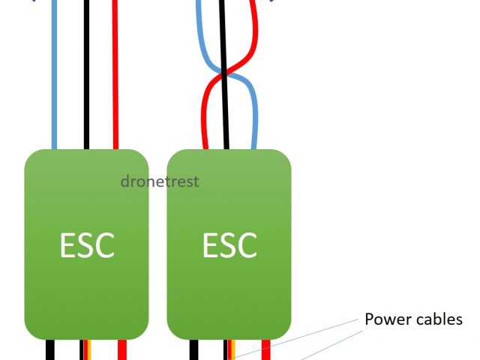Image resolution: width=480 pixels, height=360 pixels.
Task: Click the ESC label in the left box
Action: click(x=87, y=245)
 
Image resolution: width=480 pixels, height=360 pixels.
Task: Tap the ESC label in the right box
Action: click(x=229, y=245)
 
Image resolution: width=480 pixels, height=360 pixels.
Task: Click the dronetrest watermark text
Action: click(x=160, y=181)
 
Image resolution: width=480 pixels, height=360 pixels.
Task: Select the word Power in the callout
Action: click(x=388, y=319)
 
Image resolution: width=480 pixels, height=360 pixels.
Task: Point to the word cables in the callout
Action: click(x=439, y=319)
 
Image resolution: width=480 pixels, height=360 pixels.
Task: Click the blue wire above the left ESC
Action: click(x=54, y=75)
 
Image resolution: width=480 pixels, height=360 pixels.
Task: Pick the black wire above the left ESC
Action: click(x=85, y=75)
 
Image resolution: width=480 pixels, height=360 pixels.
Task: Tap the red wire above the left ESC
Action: click(x=115, y=75)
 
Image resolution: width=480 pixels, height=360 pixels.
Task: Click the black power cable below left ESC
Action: click(x=50, y=349)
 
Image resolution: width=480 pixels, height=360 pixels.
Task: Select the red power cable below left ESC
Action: click(x=122, y=349)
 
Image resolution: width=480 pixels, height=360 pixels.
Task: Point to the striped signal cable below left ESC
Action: click(x=85, y=349)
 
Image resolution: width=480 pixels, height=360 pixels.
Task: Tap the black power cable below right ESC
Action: click(x=193, y=349)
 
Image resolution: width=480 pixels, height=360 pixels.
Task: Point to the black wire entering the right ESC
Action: click(x=227, y=127)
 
